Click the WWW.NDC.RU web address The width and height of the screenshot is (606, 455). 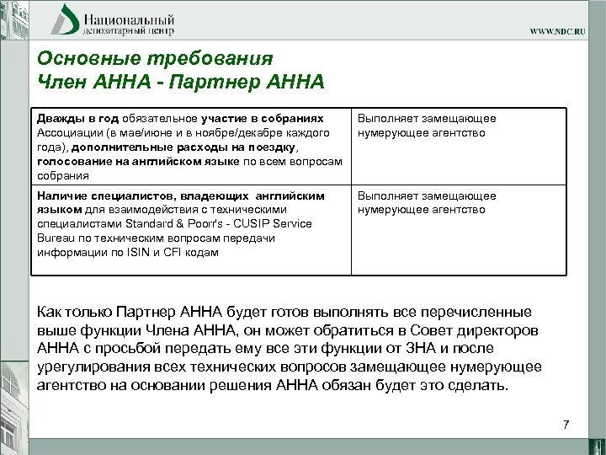[563, 31]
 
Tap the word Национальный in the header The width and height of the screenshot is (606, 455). [129, 17]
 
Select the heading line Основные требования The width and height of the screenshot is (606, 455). [156, 59]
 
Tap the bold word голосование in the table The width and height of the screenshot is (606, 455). [74, 162]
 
